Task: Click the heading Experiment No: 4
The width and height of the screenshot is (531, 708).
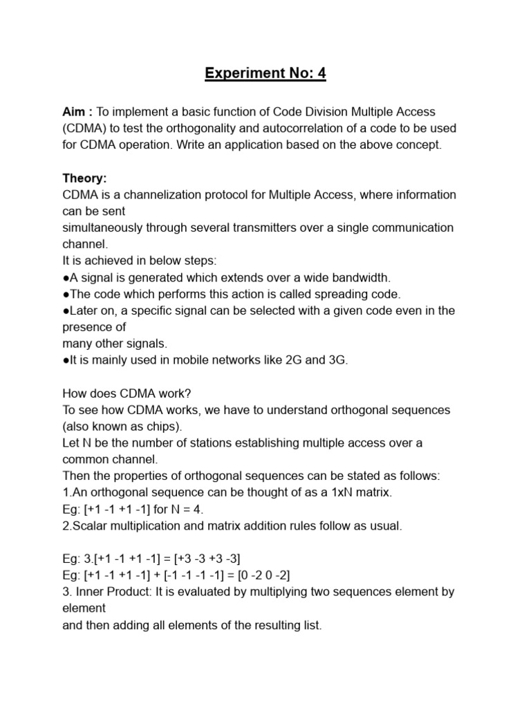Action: click(265, 73)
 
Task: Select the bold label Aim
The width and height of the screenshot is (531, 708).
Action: click(75, 112)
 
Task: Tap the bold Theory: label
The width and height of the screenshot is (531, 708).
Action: click(84, 178)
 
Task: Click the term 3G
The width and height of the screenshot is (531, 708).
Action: click(337, 360)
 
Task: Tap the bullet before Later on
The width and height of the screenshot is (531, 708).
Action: click(66, 311)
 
